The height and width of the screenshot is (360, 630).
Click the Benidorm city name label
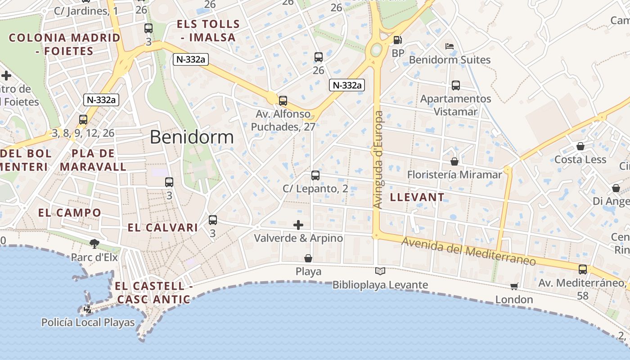tap(192, 137)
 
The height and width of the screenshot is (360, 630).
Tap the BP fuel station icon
tap(397, 40)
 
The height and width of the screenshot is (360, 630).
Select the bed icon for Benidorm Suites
tap(449, 46)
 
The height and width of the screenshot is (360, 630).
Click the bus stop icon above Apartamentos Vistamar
tap(455, 85)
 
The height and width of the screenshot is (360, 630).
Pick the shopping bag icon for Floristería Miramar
tap(454, 161)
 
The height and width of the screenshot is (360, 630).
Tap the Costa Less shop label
tap(580, 160)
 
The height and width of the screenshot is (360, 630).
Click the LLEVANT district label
tap(417, 197)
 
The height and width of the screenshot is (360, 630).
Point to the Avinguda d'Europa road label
tap(378, 160)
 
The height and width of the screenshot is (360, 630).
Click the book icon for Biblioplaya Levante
tap(380, 271)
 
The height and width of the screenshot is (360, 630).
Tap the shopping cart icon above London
tap(514, 286)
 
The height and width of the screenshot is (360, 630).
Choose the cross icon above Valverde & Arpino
tap(298, 225)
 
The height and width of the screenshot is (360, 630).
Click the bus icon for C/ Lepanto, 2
tap(315, 175)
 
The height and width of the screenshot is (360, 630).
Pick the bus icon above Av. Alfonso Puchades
tap(283, 101)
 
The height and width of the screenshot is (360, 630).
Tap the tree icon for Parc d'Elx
tap(94, 244)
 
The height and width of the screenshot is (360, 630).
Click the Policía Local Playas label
tap(88, 323)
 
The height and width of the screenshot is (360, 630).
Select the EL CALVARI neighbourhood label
tap(163, 228)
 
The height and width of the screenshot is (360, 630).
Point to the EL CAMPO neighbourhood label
tap(70, 213)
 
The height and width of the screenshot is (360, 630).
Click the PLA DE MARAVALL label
tap(93, 160)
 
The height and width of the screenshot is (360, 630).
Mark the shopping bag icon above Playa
tap(308, 258)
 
